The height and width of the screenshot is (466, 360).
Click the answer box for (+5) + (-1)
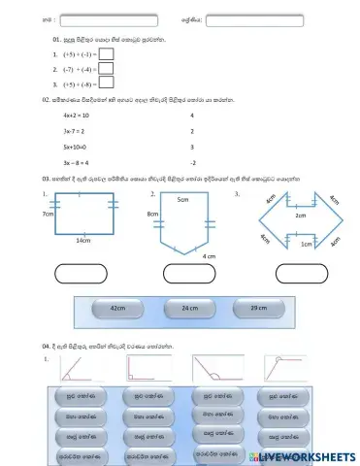coord(107,55)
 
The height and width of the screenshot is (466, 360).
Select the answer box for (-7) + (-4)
coord(107,69)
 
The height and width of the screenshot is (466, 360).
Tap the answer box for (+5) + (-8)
coord(107,83)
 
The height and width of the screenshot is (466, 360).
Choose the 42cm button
coord(118,308)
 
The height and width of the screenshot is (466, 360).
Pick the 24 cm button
coord(189,308)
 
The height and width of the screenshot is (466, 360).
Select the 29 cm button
coord(258,308)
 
